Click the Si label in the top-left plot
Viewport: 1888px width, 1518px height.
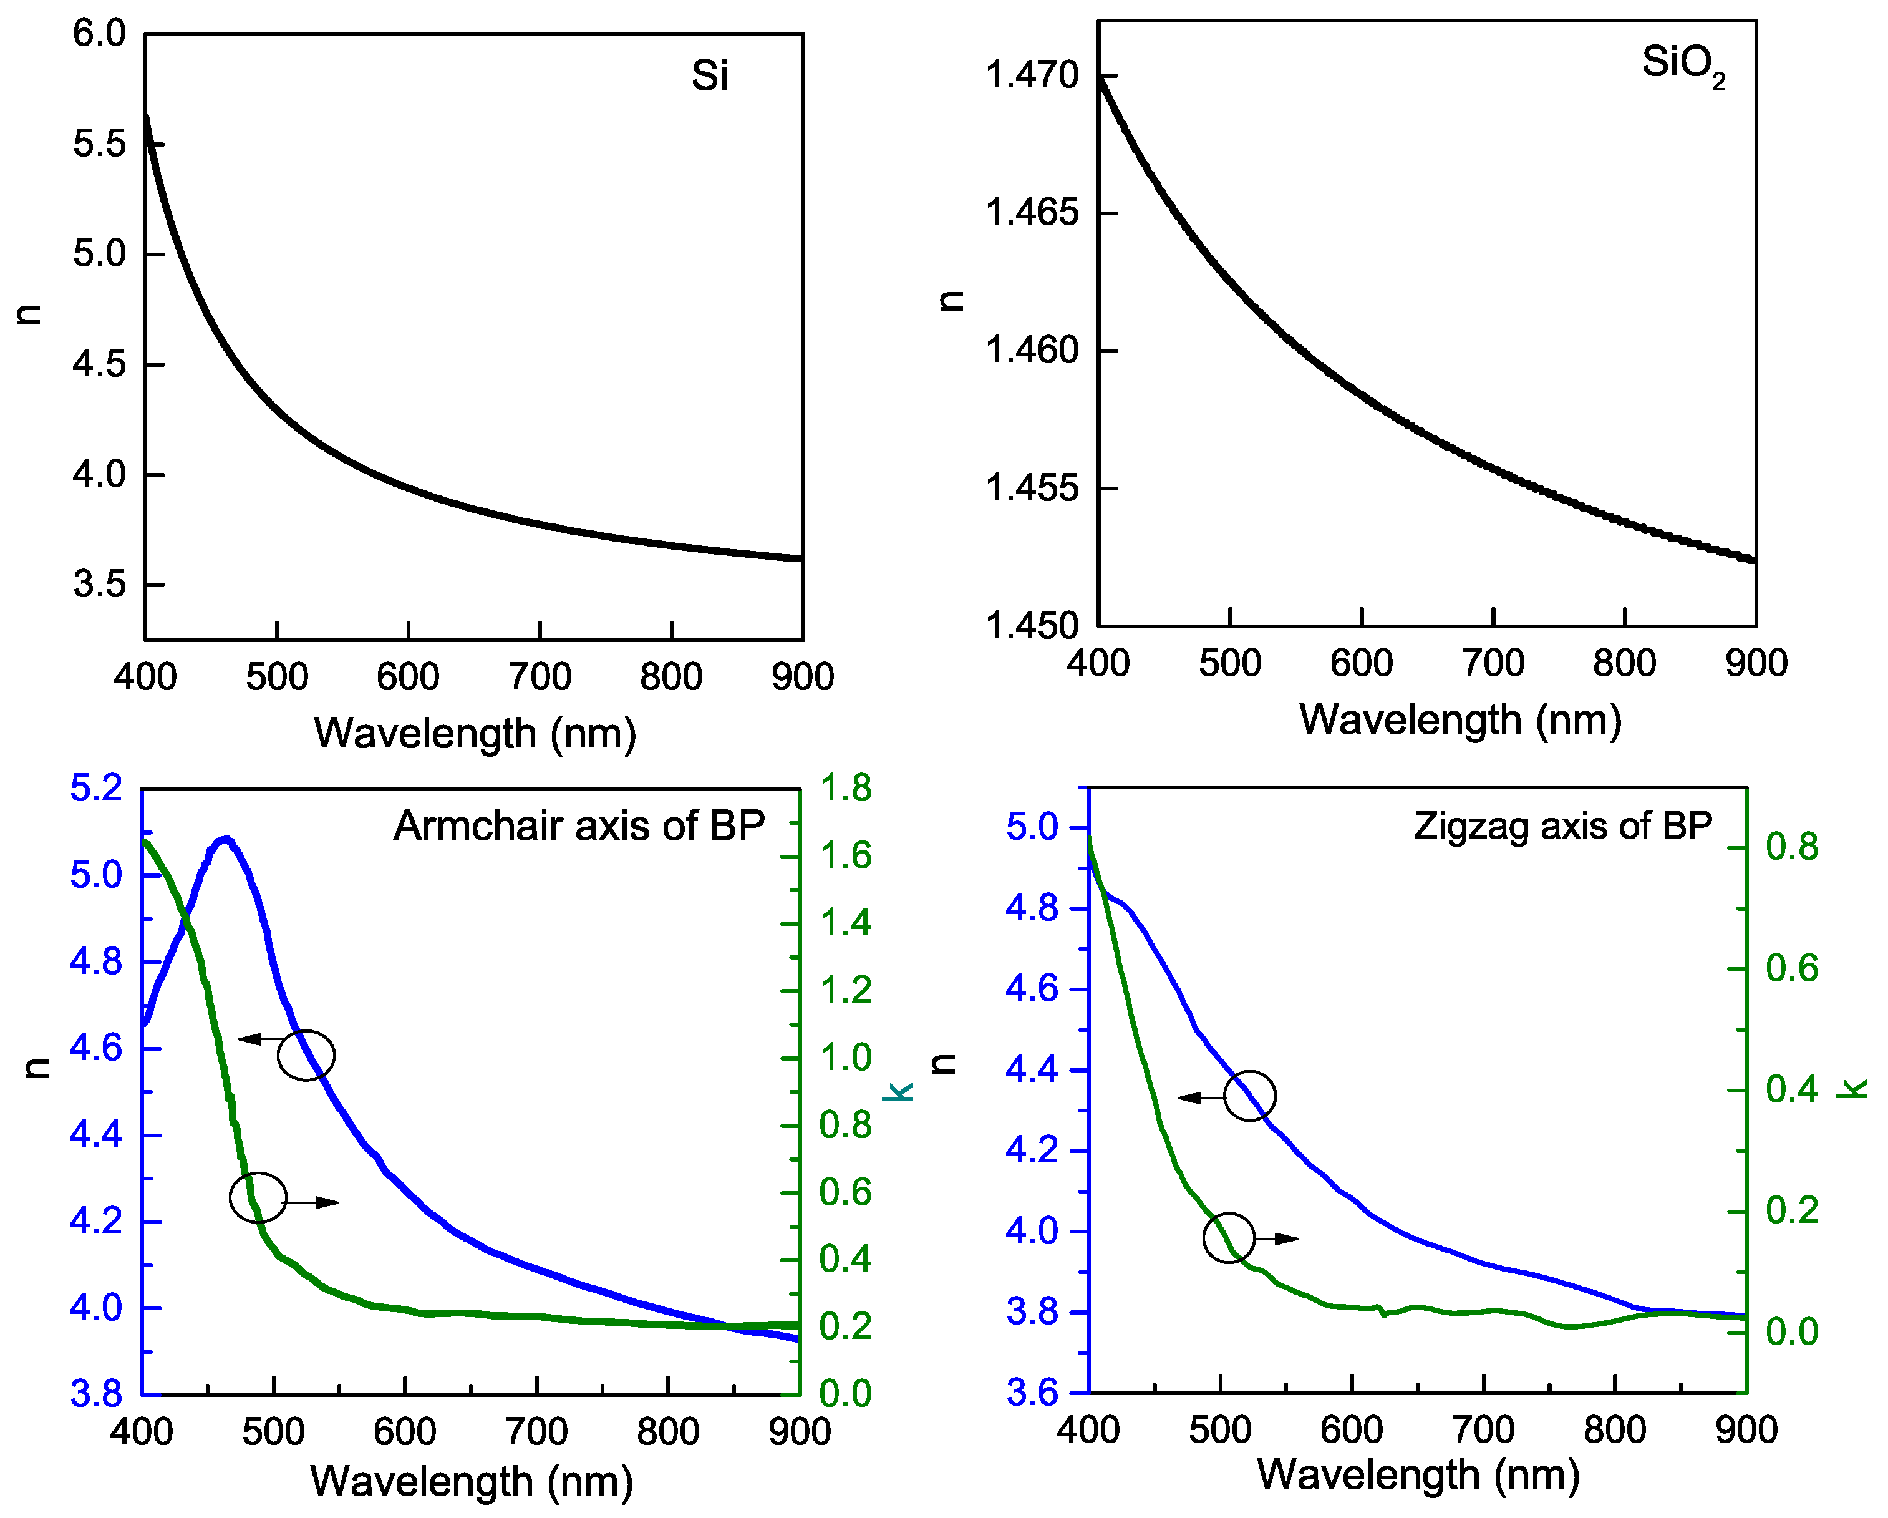[x=709, y=76]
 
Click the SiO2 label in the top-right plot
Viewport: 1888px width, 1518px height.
[x=1682, y=66]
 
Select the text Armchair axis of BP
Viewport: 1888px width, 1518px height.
[x=579, y=826]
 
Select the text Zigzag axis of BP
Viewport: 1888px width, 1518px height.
[x=1563, y=826]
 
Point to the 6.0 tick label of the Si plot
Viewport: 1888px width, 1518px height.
[x=99, y=34]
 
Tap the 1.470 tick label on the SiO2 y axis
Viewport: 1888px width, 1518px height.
[x=1032, y=75]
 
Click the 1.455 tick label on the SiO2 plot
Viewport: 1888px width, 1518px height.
[x=1032, y=488]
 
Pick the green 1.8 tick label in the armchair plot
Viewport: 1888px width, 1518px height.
[x=846, y=789]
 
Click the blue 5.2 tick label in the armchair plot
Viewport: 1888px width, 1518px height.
[x=95, y=789]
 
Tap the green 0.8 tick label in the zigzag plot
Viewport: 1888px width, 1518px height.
[x=1792, y=847]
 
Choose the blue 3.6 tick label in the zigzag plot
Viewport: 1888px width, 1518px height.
[x=1032, y=1393]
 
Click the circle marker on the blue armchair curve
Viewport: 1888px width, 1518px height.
[x=306, y=1054]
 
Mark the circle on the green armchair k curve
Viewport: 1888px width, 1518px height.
[x=258, y=1197]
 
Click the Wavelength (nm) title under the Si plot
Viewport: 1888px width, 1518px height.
[x=475, y=733]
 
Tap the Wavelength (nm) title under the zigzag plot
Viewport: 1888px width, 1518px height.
[x=1418, y=1475]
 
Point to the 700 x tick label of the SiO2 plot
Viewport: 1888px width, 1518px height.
[x=1493, y=663]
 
